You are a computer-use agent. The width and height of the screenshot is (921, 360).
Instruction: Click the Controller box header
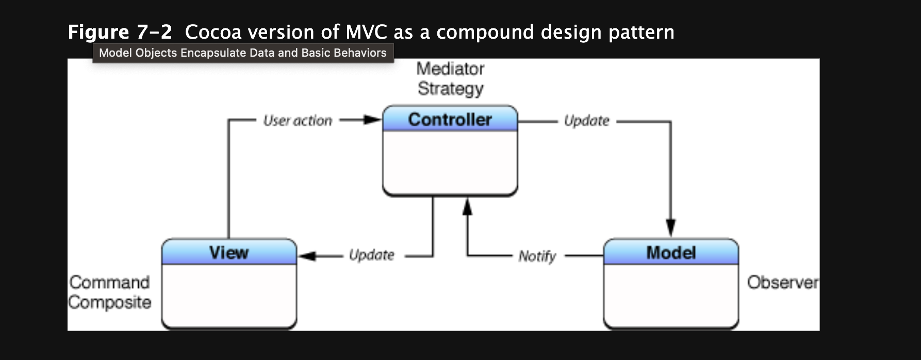[450, 119]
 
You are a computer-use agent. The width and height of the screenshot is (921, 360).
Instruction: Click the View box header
[229, 253]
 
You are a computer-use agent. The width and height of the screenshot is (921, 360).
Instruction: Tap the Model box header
[671, 253]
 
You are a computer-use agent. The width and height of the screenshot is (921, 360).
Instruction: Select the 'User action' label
[298, 121]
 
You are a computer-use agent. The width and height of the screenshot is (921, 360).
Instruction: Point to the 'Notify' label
[537, 256]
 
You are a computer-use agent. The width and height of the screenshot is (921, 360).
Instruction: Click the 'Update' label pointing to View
[371, 255]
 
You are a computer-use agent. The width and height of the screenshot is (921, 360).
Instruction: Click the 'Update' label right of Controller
[586, 121]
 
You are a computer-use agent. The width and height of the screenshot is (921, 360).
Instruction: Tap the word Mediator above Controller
[450, 69]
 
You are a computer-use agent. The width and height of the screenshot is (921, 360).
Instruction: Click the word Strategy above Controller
[450, 89]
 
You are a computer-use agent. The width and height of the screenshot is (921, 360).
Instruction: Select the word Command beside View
[109, 282]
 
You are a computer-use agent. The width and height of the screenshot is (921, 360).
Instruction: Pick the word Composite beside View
[109, 302]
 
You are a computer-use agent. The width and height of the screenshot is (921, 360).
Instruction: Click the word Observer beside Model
[782, 282]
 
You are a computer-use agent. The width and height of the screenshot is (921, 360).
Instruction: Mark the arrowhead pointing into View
[307, 256]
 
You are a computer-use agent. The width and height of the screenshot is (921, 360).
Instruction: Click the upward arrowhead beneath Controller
[467, 207]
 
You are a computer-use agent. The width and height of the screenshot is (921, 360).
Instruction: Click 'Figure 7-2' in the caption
[120, 32]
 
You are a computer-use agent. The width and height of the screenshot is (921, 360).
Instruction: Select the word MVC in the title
[366, 32]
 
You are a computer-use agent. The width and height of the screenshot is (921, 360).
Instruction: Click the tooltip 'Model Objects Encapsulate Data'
[242, 53]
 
